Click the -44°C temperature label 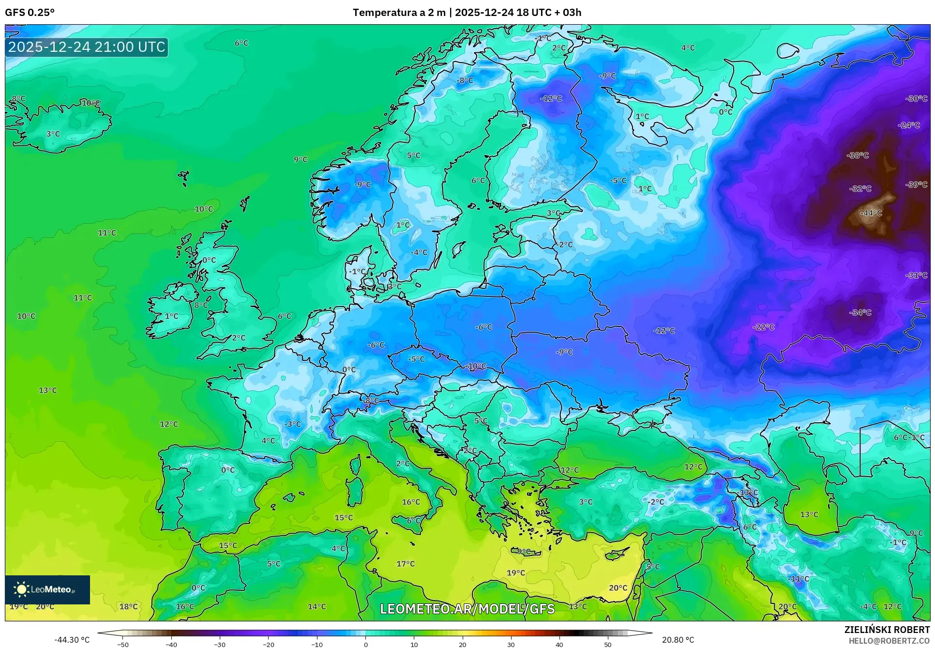(x=871, y=213)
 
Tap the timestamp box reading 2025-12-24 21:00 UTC (x=87, y=47)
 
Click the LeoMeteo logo (x=47, y=589)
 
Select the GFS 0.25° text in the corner (x=30, y=13)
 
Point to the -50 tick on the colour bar (x=123, y=645)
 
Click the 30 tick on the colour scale (x=511, y=645)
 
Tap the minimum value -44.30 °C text (x=72, y=640)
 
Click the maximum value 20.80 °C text (x=678, y=640)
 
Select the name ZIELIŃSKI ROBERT (x=887, y=630)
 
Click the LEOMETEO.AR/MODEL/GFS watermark (x=467, y=609)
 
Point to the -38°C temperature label (x=858, y=155)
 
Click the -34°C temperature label (x=860, y=313)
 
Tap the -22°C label (x=763, y=327)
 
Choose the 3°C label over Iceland (x=53, y=134)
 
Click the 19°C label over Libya (x=516, y=573)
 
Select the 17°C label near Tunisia (x=406, y=564)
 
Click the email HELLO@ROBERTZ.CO (x=889, y=641)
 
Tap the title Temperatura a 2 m (x=399, y=13)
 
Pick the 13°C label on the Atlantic (x=48, y=390)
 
